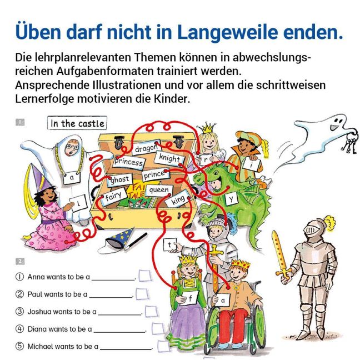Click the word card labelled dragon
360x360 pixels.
146,148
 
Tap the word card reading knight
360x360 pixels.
169,158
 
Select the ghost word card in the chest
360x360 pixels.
119,179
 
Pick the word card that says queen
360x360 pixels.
159,190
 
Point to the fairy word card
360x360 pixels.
114,196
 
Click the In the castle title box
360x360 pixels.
77,123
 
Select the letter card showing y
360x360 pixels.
231,198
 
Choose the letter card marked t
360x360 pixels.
169,245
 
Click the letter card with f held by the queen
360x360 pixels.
189,298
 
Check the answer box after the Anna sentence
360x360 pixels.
145,276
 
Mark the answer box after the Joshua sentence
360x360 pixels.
152,312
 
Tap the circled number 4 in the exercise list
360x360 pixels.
19,329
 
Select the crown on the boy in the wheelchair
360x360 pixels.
241,264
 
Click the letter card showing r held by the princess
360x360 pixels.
205,160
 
